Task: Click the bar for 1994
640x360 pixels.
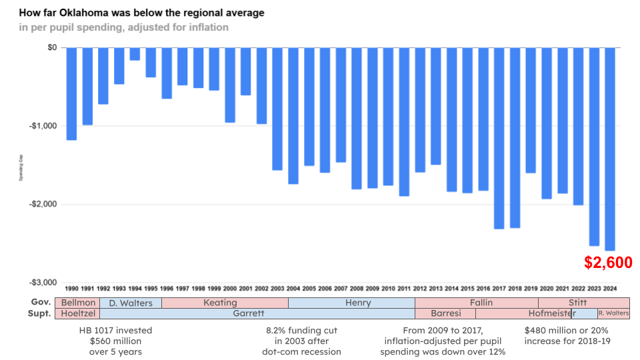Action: click(x=135, y=54)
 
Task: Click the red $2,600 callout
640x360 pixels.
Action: click(x=608, y=263)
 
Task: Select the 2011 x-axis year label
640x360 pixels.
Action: click(x=404, y=289)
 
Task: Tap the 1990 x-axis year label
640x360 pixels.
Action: click(x=71, y=289)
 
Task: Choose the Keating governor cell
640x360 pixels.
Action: click(x=220, y=303)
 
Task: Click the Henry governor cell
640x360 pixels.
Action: click(x=357, y=303)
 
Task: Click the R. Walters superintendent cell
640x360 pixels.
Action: click(x=613, y=313)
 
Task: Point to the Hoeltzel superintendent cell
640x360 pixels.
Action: click(x=77, y=313)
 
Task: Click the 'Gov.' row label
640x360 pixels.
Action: click(x=41, y=303)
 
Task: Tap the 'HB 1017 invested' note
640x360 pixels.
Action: click(x=116, y=330)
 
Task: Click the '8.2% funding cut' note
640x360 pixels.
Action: click(x=302, y=330)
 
